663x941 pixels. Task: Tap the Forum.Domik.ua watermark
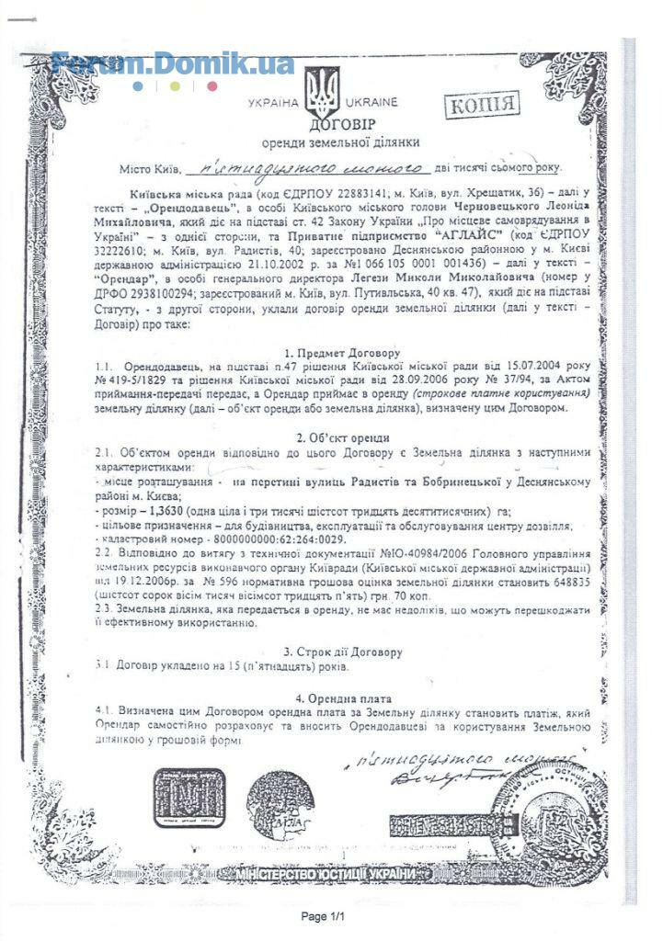coord(173,63)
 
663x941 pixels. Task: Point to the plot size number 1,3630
coord(164,510)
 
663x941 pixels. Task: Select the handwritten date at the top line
coord(305,168)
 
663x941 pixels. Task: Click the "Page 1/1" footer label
coord(327,917)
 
